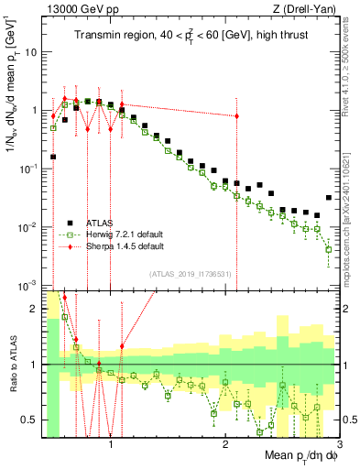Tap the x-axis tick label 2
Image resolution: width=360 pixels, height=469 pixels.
click(225, 446)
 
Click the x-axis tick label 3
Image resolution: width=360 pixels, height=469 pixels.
click(339, 446)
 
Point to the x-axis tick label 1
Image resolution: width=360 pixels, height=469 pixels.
click(111, 446)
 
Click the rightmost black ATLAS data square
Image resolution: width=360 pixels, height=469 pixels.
click(329, 198)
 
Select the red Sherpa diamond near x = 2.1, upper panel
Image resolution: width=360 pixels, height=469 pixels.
click(237, 116)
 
